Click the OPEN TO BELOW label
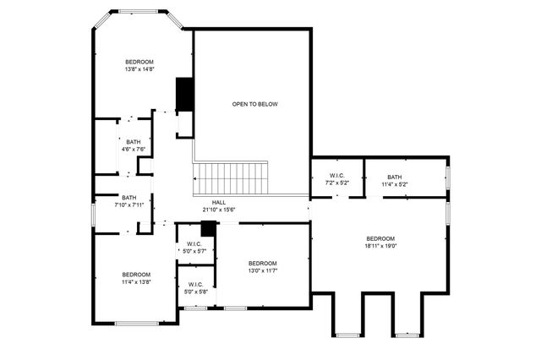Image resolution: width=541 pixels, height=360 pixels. point(254,104)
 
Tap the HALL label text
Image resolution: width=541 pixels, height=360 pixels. point(218,203)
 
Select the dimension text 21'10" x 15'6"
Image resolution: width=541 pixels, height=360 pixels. point(218,210)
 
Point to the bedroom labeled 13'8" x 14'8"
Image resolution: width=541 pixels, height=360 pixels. point(139,66)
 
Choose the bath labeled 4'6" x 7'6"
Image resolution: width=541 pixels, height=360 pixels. point(134,145)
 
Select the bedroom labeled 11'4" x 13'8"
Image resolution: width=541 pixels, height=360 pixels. point(135,278)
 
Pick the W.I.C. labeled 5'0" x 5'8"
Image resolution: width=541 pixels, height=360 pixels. point(194,287)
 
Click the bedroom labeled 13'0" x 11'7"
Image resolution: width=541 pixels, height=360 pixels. point(262,267)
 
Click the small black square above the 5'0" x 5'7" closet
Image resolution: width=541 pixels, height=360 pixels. point(208,228)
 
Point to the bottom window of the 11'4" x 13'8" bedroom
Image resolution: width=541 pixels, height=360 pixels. point(137,323)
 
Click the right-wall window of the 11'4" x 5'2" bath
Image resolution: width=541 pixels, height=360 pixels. point(448,177)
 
